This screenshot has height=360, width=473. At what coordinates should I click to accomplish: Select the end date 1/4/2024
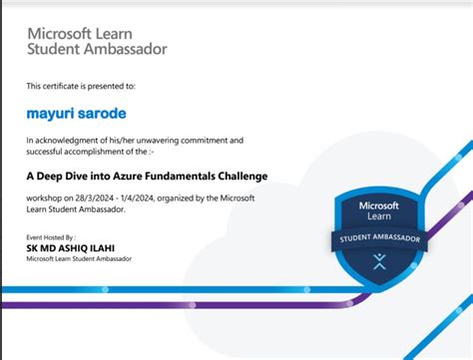click(142, 198)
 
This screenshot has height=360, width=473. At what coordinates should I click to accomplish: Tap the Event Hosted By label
click(49, 237)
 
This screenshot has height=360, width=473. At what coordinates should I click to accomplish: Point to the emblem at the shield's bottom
click(378, 263)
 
